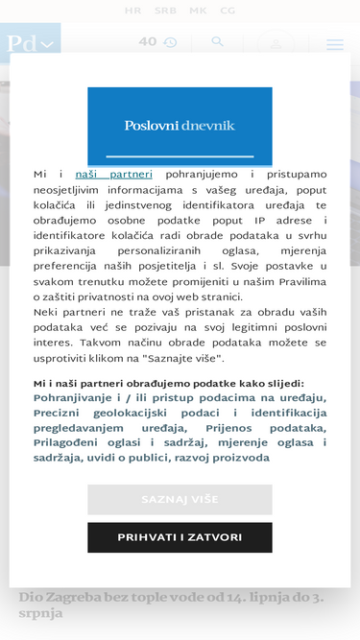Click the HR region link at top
pos(132,12)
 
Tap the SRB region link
pos(165,12)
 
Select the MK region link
pos(197,12)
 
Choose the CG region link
pos(228,12)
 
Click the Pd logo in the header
pos(29,44)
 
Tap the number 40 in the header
pos(147,42)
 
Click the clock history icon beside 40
pos(170,43)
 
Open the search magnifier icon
pos(218,42)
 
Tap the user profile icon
pos(276,44)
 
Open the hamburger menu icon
pos(334,44)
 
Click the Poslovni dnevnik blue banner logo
pos(180,126)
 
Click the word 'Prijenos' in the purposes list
pos(230,428)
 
